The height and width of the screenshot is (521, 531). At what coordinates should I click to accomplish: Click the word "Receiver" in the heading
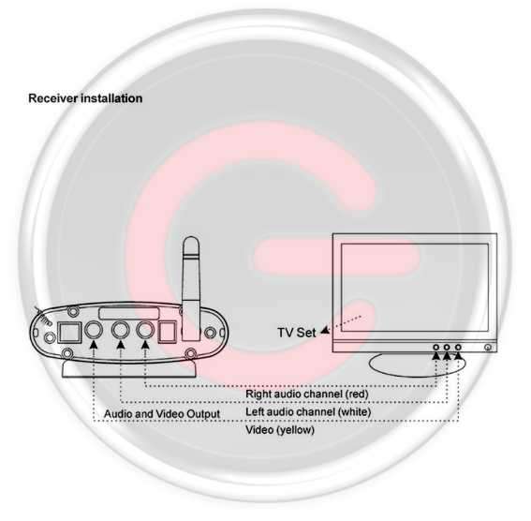click(x=52, y=98)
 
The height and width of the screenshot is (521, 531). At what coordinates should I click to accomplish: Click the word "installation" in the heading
click(x=111, y=98)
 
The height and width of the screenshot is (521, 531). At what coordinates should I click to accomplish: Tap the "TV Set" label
click(x=297, y=333)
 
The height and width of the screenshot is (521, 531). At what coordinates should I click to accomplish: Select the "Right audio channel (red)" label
click(x=307, y=394)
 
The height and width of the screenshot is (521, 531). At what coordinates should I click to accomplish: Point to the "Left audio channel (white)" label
click(x=308, y=412)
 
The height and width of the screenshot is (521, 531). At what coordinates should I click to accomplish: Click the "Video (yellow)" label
click(x=280, y=430)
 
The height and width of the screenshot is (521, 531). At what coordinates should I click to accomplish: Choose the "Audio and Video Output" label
click(x=162, y=414)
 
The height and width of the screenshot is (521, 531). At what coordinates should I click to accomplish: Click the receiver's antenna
click(x=191, y=288)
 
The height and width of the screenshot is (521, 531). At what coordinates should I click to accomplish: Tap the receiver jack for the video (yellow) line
click(x=93, y=330)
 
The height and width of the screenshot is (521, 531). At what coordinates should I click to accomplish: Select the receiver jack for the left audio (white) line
click(x=121, y=330)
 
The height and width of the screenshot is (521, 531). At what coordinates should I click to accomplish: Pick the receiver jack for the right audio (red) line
click(x=145, y=330)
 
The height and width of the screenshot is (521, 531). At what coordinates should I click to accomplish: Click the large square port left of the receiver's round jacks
click(x=69, y=332)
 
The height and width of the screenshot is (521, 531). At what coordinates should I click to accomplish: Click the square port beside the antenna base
click(x=168, y=332)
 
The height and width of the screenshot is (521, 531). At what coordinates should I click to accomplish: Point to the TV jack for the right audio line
click(x=436, y=348)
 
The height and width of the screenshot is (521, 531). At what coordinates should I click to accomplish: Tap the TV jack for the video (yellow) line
click(x=458, y=348)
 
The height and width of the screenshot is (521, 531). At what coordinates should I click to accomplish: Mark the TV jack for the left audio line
click(x=447, y=348)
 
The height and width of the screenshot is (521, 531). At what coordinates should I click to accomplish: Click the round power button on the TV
click(x=488, y=348)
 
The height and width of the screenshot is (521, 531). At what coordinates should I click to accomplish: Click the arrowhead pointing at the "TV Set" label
click(x=325, y=330)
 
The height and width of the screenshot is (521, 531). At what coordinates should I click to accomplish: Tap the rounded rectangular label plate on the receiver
click(x=129, y=313)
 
